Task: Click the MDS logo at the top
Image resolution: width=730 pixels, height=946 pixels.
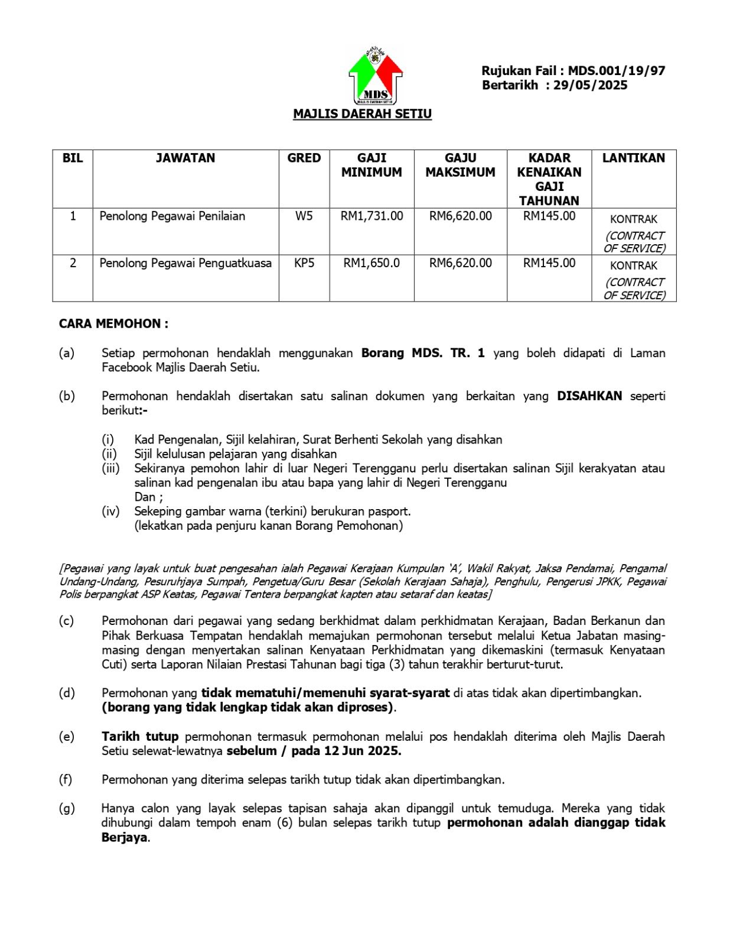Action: pos(376,76)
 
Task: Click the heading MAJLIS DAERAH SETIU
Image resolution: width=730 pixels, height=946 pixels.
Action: pos(362,114)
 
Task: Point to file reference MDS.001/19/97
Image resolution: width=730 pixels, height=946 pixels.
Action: pos(617,71)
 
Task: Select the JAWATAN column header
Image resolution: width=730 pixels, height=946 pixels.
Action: pos(185,158)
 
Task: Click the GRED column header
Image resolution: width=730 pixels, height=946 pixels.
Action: pos(304,158)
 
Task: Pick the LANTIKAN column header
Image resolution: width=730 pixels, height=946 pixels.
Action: pos(633,158)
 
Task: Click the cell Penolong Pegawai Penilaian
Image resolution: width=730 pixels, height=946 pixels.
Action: pos(172,216)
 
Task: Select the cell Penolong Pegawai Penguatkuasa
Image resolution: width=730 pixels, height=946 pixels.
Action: pos(185,263)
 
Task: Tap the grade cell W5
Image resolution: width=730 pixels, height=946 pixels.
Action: pos(304,216)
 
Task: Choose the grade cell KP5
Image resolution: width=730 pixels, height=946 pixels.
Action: pos(304,263)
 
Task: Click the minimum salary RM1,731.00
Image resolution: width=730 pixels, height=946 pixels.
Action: pos(371,216)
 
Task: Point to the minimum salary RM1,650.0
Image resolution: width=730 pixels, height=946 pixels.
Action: pos(371,263)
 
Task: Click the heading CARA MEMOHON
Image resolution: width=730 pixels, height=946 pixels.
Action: pos(113,324)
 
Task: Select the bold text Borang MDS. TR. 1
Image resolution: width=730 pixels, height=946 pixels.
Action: pos(423,354)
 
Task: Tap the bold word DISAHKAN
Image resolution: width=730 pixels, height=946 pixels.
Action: pos(589,396)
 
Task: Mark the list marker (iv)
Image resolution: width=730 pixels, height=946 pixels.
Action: pos(110,511)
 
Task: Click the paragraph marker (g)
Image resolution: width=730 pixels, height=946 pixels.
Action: pos(66,808)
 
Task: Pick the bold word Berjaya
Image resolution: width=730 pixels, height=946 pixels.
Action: pos(124,838)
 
